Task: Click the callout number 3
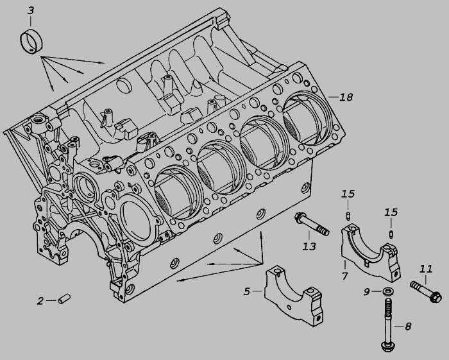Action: coord(31,11)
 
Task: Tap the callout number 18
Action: coord(346,98)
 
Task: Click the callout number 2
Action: coord(40,301)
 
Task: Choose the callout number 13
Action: coord(309,246)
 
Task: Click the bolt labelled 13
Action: coord(312,225)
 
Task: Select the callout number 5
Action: coord(247,291)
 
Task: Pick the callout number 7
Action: coord(344,276)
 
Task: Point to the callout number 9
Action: coord(366,292)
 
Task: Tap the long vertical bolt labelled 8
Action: coord(387,325)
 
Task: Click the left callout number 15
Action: coord(348,194)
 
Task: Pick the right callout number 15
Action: coord(391,212)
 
